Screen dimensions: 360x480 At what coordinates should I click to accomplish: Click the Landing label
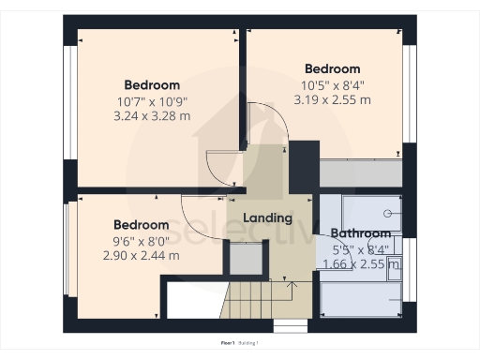coord(268,218)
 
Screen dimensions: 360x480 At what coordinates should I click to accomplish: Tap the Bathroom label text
coord(360,233)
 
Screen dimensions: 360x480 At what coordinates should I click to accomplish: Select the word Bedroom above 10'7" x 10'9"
coord(154,84)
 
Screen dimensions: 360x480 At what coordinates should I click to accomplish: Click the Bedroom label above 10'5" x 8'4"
coord(332,68)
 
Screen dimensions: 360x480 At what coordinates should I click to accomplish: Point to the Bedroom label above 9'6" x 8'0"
coord(141,225)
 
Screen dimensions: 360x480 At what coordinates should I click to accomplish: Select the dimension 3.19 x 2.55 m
coord(332,98)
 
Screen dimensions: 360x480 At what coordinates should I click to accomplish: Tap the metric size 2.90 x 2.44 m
coord(141,255)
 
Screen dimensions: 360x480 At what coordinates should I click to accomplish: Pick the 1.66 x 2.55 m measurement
coord(360,264)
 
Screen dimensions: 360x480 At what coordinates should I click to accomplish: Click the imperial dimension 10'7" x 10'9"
coord(154,100)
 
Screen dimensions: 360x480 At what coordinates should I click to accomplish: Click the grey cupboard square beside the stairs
coord(246,258)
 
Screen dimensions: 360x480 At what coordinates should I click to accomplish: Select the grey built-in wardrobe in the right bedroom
coord(361,172)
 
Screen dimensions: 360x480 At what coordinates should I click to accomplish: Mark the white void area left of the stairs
coord(192,301)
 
